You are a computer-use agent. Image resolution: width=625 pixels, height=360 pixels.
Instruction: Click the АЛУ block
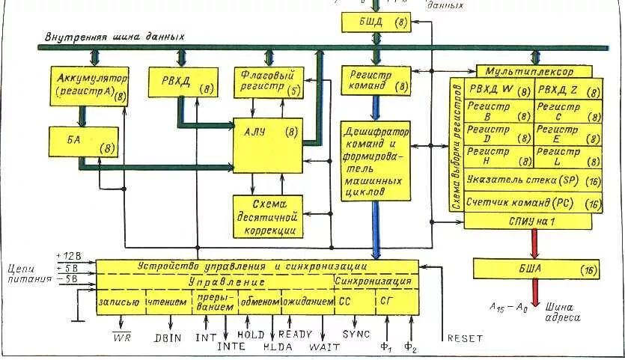[x=267, y=145]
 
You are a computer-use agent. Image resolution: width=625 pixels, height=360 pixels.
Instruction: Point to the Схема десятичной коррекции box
[x=266, y=217]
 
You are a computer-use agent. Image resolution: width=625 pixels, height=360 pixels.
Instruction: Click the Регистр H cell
[x=498, y=156]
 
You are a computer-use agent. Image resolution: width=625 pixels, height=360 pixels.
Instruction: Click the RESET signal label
[x=464, y=338]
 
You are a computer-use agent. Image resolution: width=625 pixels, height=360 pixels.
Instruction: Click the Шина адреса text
[x=562, y=311]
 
